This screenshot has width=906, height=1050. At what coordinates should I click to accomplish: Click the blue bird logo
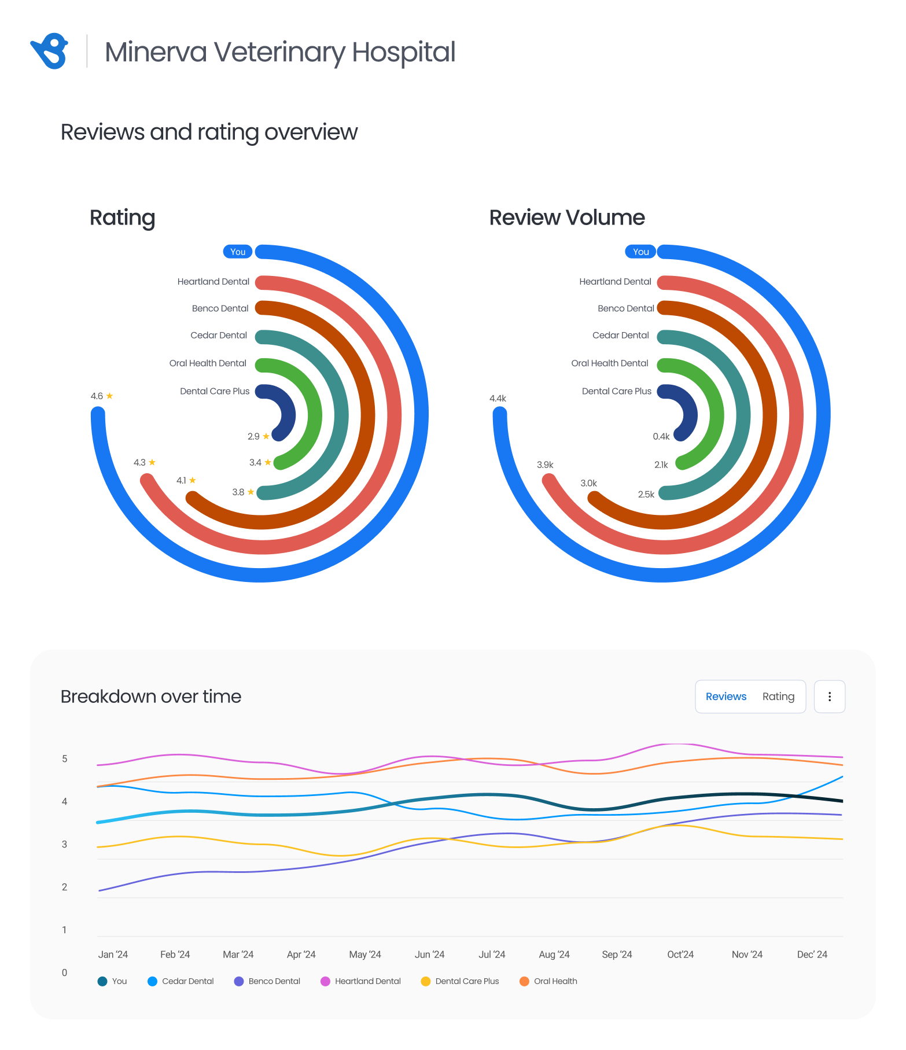(x=49, y=51)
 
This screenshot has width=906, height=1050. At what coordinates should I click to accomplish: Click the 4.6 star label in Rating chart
(x=101, y=396)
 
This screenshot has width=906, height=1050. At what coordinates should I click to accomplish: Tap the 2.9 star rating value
(x=258, y=436)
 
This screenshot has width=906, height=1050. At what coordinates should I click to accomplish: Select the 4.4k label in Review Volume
(x=498, y=399)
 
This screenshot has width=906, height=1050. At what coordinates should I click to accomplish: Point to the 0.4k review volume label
(x=661, y=436)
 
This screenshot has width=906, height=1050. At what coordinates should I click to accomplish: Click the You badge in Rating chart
(x=238, y=252)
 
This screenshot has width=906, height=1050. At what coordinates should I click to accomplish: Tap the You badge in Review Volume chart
(x=640, y=252)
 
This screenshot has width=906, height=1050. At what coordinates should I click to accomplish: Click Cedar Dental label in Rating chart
(x=219, y=336)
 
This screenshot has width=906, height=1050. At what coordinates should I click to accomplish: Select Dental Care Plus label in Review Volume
(x=616, y=391)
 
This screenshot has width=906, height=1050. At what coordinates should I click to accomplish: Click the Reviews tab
(x=725, y=697)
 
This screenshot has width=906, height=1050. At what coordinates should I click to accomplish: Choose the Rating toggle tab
(x=778, y=697)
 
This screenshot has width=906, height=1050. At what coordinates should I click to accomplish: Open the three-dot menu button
(x=829, y=697)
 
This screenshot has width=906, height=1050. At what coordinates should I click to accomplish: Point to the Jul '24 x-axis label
(x=492, y=955)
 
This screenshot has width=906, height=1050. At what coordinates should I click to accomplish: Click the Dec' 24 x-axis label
(x=812, y=955)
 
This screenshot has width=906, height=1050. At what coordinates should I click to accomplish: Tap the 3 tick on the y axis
(x=65, y=844)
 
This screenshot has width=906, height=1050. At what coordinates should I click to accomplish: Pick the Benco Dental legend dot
(x=239, y=981)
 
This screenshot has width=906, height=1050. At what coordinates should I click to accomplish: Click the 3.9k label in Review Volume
(x=545, y=465)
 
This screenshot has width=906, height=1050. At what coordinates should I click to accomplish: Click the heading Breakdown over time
(x=151, y=697)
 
